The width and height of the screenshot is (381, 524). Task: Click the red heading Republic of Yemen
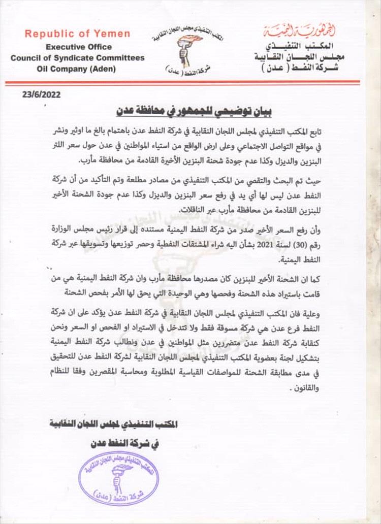pyautogui.click(x=77, y=35)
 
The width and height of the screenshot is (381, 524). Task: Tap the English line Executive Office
pyautogui.click(x=77, y=46)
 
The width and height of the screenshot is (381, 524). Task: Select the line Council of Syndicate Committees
pyautogui.click(x=77, y=57)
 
